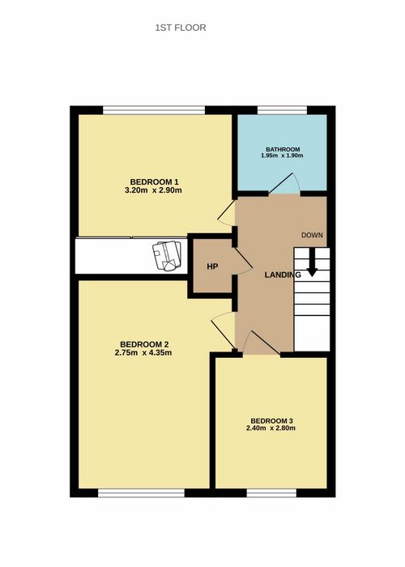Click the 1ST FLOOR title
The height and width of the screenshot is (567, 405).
click(181, 28)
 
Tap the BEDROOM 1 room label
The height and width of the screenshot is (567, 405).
click(155, 181)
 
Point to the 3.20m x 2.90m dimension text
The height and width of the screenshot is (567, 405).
click(153, 190)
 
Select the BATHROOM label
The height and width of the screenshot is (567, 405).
click(283, 149)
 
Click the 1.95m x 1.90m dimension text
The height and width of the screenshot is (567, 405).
click(282, 156)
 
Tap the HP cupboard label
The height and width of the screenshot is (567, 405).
click(212, 266)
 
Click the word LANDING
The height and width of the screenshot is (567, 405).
click(283, 275)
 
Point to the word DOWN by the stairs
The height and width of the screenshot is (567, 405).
click(312, 235)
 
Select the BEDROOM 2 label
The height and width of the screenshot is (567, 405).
click(145, 344)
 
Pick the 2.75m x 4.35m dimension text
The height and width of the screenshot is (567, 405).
click(143, 352)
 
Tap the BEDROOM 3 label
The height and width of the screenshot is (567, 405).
click(271, 421)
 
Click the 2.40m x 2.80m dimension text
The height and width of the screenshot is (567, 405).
click(271, 428)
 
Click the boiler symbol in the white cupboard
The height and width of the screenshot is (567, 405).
click(167, 256)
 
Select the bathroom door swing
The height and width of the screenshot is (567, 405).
click(283, 184)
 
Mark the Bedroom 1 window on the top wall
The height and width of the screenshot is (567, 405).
click(154, 110)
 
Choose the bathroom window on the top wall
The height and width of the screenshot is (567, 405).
click(282, 110)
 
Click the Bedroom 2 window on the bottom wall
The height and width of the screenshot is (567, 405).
click(142, 492)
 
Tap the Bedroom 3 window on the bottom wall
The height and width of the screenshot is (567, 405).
click(271, 492)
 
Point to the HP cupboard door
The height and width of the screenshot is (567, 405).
click(243, 258)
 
